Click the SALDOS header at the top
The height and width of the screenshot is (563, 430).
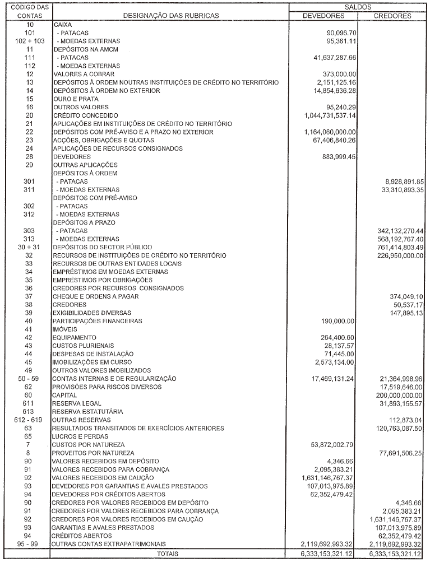[x=358, y=6]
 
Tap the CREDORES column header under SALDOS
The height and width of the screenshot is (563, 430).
[x=392, y=16]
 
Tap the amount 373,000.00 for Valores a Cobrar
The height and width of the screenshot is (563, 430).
[x=337, y=74]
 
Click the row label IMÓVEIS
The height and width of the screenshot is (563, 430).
[x=63, y=329]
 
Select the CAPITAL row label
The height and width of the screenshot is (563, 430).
[x=64, y=395]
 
